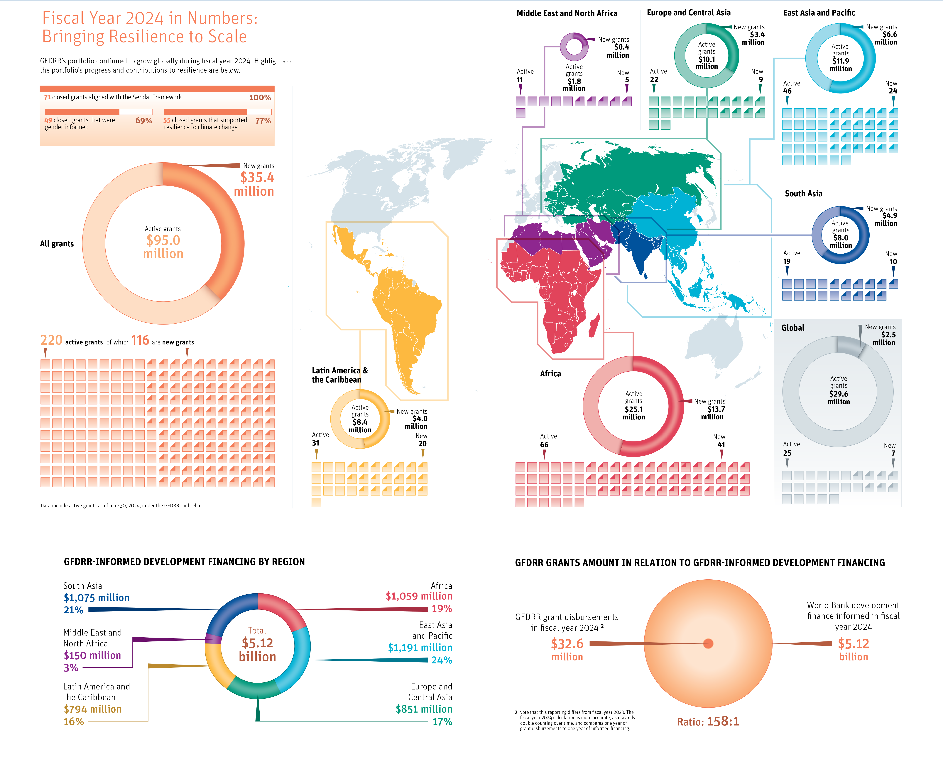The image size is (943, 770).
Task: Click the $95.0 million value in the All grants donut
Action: [x=163, y=247]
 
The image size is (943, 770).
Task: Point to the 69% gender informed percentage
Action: [x=143, y=121]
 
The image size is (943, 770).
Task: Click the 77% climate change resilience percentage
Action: [x=263, y=121]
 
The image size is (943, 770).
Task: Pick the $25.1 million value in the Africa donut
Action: [x=633, y=413]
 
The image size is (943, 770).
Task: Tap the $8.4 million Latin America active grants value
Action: [x=360, y=426]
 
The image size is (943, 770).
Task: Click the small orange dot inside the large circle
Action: [x=708, y=644]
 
